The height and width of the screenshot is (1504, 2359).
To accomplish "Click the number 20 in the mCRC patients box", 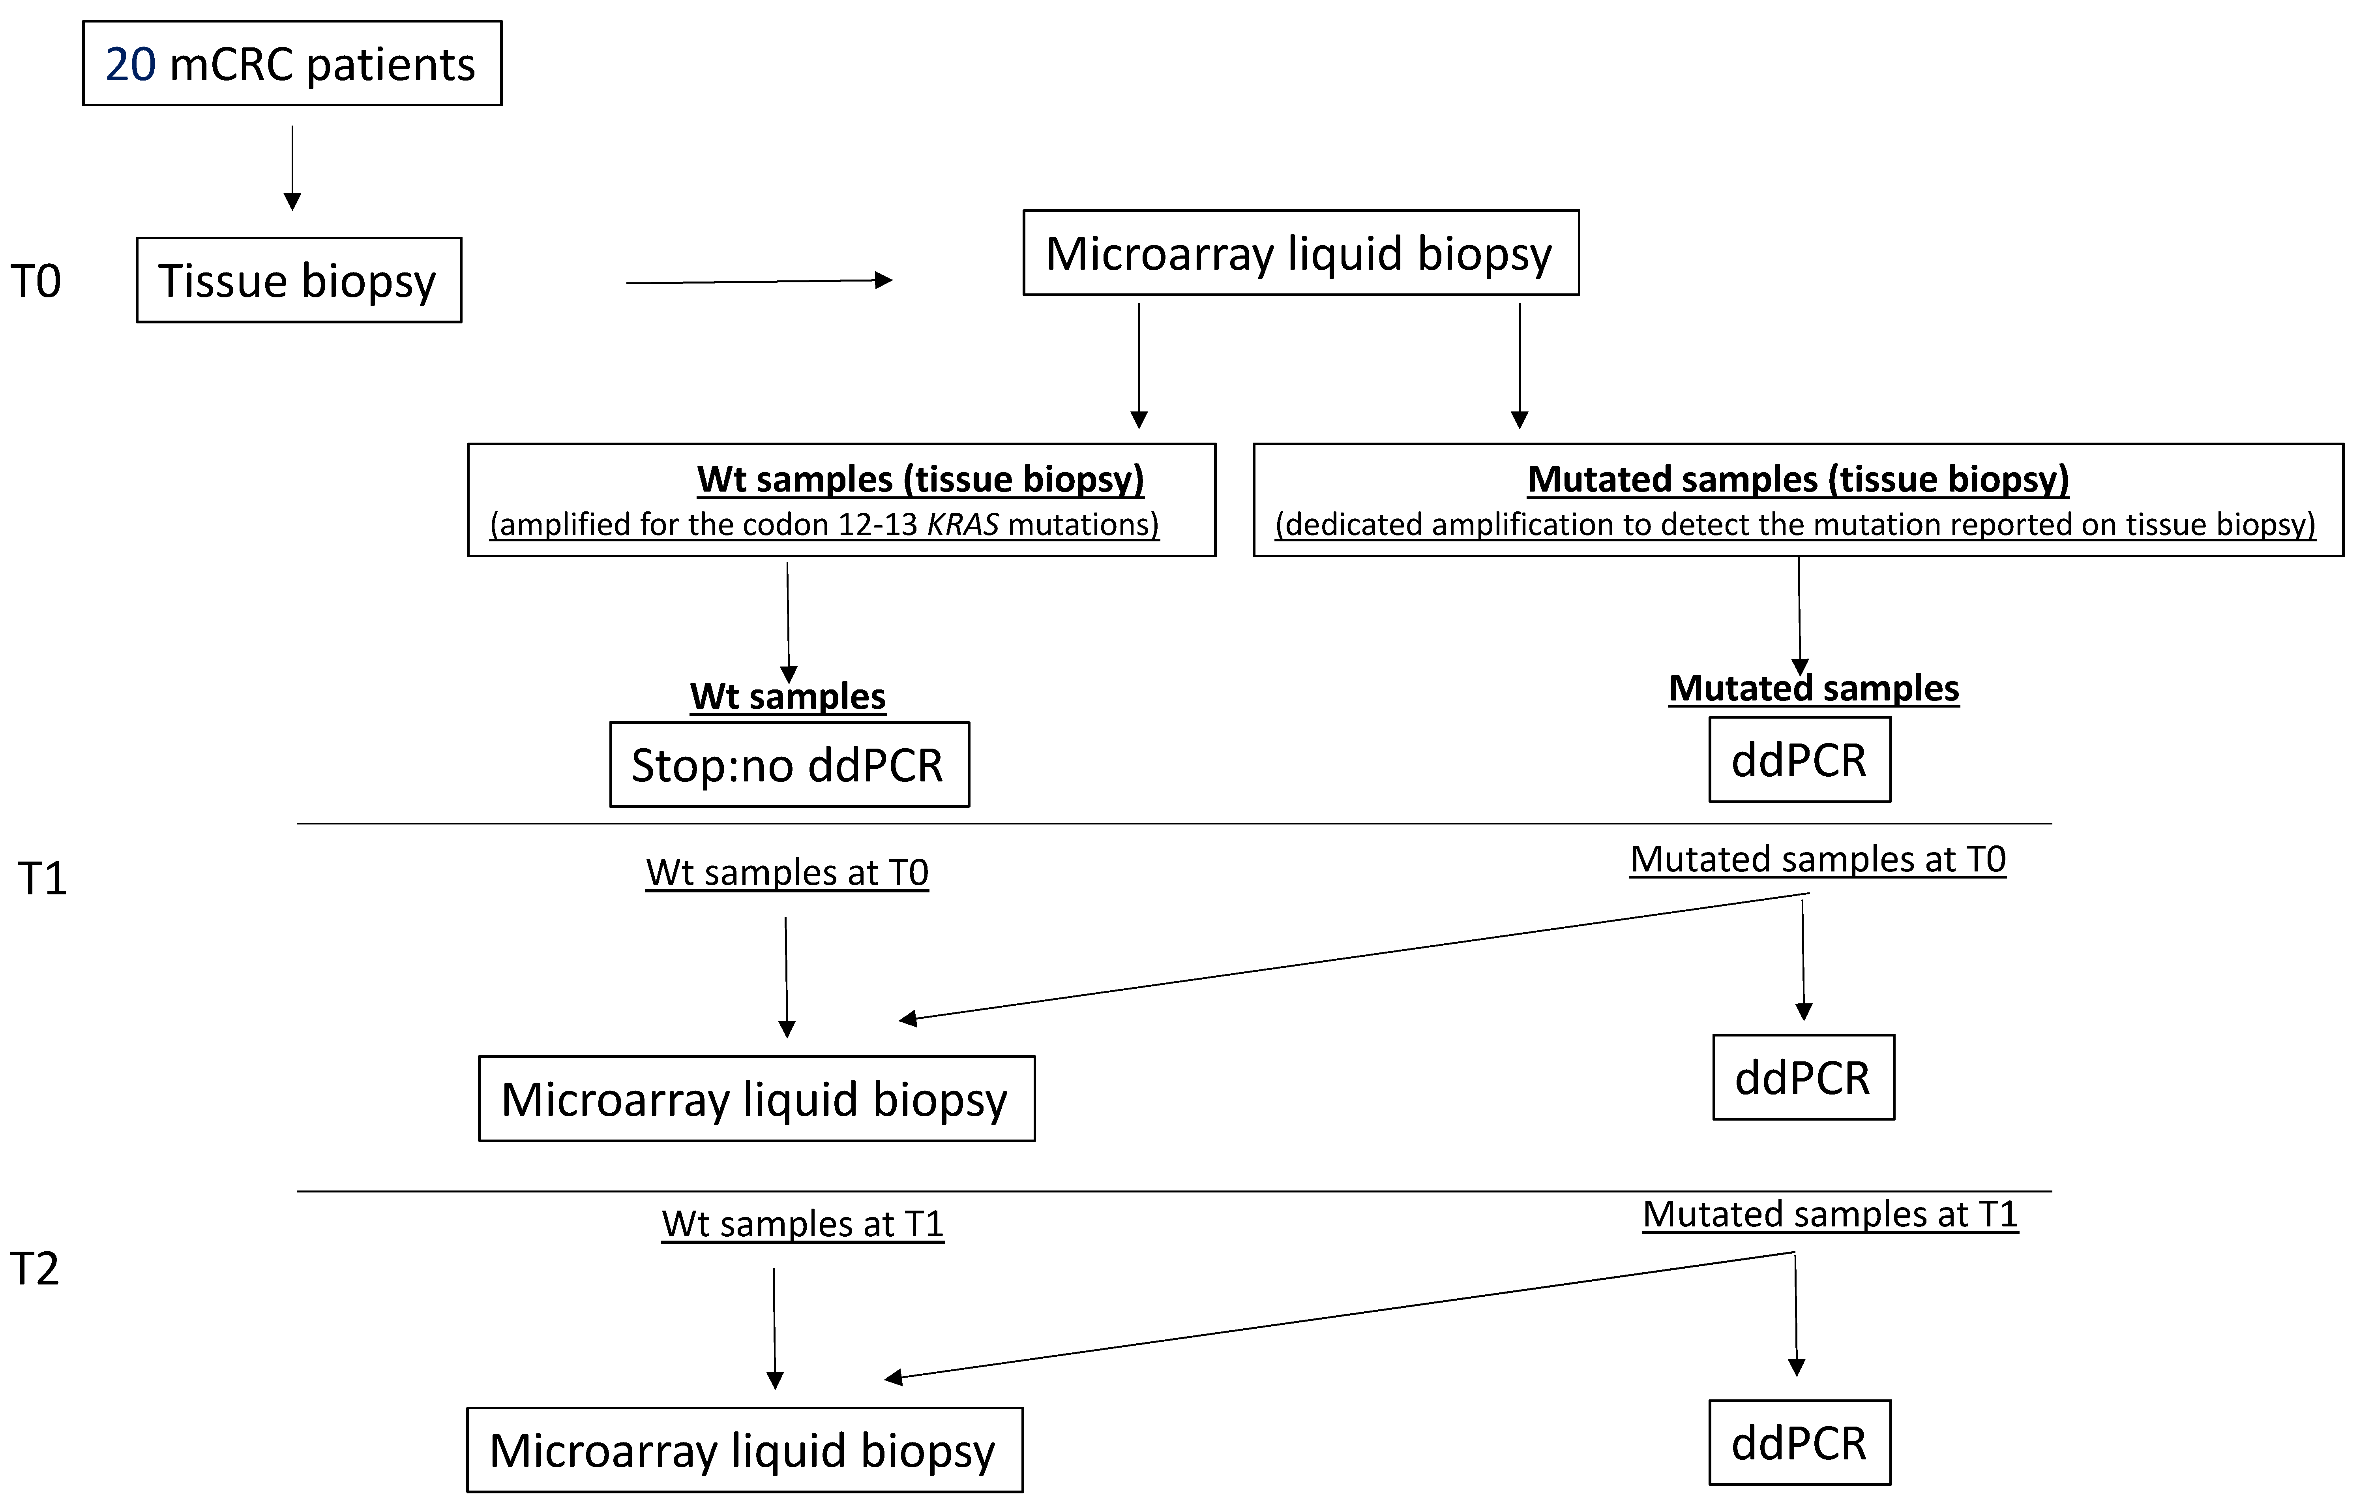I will (130, 65).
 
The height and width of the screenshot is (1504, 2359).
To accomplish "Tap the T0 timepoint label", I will (36, 281).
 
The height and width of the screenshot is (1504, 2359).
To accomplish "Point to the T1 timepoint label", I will (42, 878).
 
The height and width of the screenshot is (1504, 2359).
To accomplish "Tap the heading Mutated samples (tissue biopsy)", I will (1798, 479).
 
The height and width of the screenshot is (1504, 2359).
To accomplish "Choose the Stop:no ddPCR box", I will (789, 764).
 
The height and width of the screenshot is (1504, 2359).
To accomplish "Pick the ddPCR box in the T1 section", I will (1803, 1077).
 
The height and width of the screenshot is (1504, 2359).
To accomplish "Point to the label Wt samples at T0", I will (787, 872).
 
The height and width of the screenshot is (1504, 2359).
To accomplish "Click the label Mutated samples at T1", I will (1830, 1214).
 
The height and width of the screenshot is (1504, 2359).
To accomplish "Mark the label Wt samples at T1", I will (802, 1224).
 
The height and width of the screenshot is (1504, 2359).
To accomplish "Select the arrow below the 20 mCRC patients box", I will (292, 167).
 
